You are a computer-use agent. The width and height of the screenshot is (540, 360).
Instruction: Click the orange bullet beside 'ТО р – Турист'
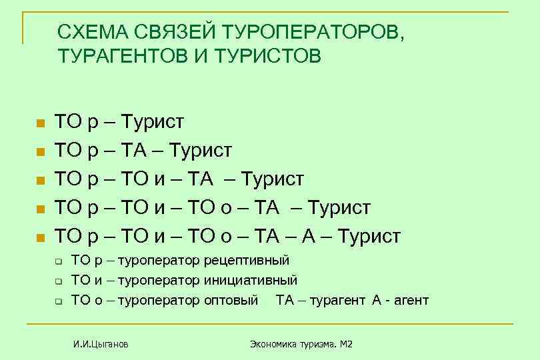(x=40, y=124)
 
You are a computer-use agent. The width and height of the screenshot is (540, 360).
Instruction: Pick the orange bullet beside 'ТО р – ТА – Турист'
(x=40, y=152)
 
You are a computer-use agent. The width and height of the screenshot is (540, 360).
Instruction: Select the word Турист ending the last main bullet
(x=369, y=236)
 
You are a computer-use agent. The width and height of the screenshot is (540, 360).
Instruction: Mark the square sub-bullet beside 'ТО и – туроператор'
(x=58, y=281)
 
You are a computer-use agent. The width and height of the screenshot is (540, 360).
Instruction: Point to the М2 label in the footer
(x=345, y=344)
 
